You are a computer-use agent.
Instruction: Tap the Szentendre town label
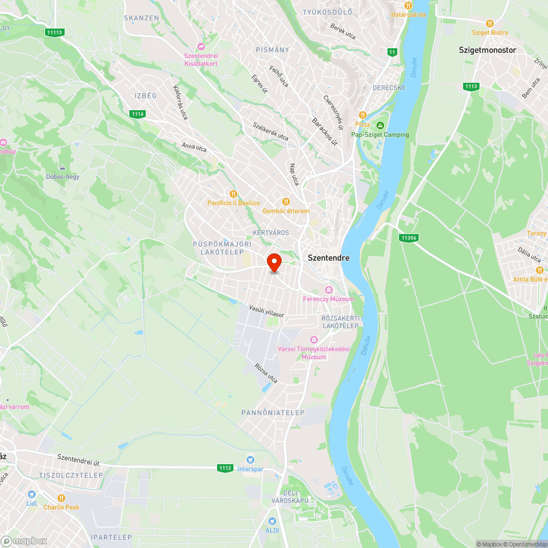click(x=328, y=257)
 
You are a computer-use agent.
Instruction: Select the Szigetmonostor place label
click(x=487, y=50)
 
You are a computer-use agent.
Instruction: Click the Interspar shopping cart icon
click(x=250, y=459)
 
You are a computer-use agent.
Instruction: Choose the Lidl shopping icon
click(x=31, y=494)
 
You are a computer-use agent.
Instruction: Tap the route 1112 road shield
click(x=225, y=468)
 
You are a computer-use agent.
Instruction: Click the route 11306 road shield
click(x=409, y=237)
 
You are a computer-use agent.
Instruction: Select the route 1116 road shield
click(x=138, y=114)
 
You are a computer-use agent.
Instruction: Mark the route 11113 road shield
click(x=55, y=32)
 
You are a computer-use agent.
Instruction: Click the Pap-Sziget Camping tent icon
click(x=380, y=125)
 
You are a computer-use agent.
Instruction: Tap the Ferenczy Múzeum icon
click(x=328, y=289)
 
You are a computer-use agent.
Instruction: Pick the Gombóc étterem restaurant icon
click(x=285, y=202)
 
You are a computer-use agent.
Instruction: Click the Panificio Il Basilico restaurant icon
click(x=233, y=193)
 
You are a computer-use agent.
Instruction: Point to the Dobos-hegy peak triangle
click(x=62, y=167)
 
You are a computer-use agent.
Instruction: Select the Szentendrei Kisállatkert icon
click(x=201, y=47)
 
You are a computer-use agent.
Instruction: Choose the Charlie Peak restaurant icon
click(x=61, y=498)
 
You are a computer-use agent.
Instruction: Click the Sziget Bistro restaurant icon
click(x=490, y=24)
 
